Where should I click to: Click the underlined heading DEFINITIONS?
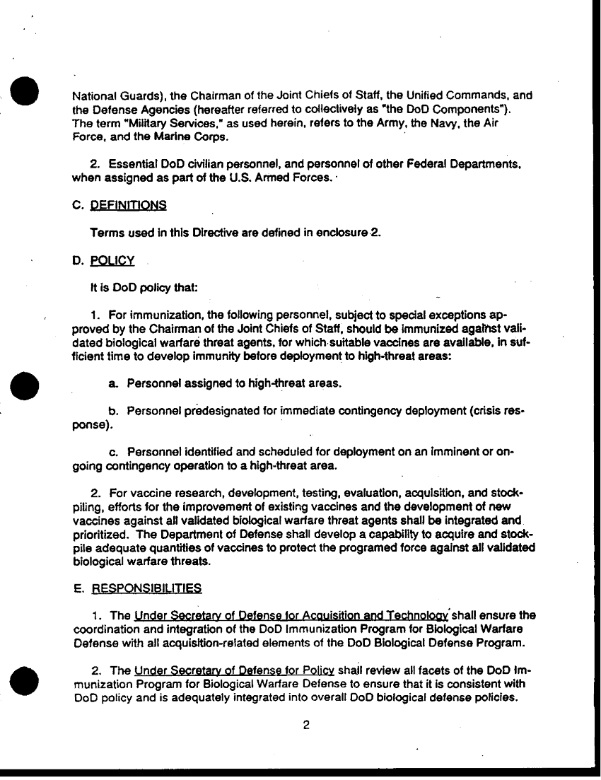[x=129, y=205]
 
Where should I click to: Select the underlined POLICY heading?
[x=112, y=261]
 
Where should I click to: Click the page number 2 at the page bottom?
[x=306, y=724]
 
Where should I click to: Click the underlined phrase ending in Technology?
[x=291, y=615]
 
